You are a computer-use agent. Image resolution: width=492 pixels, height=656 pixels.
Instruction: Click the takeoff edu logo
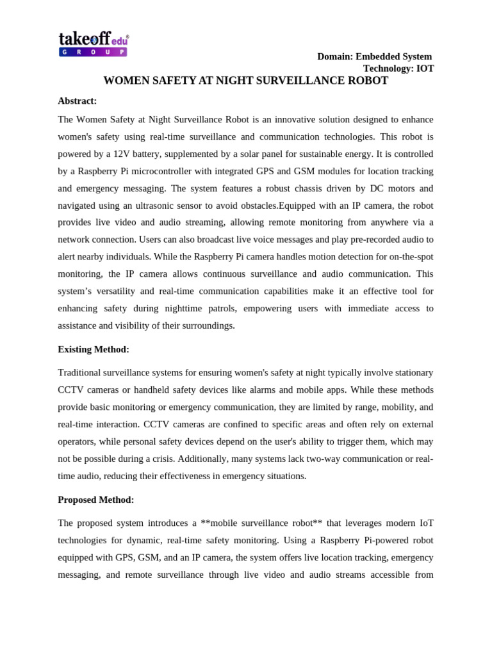93,39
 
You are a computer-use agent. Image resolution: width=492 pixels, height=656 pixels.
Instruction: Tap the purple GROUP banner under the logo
93,52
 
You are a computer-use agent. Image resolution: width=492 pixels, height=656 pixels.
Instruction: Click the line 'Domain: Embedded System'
374,56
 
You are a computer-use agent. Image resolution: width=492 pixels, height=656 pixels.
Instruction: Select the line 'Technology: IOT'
398,69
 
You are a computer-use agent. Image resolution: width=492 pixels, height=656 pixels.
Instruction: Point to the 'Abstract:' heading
77,101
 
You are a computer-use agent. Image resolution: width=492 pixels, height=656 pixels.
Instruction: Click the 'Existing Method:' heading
94,349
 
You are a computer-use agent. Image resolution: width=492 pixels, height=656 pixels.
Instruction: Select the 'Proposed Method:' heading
95,500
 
